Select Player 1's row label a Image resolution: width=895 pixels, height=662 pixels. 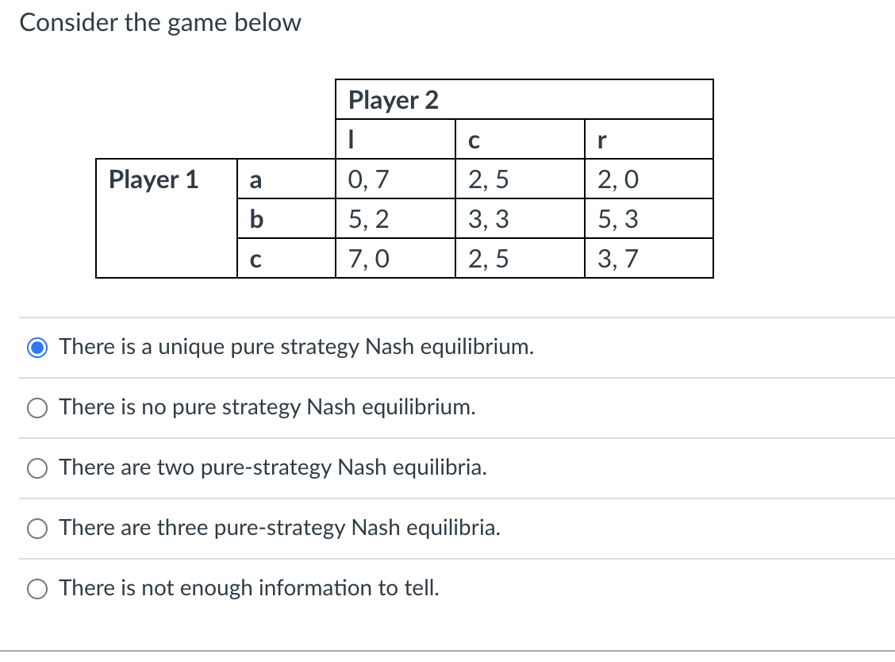(255, 180)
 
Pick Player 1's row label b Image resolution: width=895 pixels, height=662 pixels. (255, 219)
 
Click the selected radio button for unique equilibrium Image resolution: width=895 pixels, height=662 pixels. (37, 348)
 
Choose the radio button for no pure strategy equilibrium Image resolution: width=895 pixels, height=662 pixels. (37, 408)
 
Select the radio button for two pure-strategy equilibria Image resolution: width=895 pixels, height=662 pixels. (37, 468)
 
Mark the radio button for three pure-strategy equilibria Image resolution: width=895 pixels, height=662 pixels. (37, 529)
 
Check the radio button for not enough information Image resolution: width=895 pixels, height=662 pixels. (37, 589)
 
